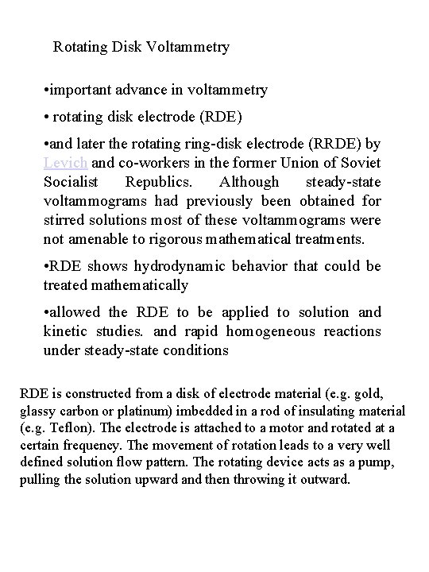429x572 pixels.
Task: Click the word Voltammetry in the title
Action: click(x=187, y=47)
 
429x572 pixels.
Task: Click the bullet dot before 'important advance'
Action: click(x=49, y=90)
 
